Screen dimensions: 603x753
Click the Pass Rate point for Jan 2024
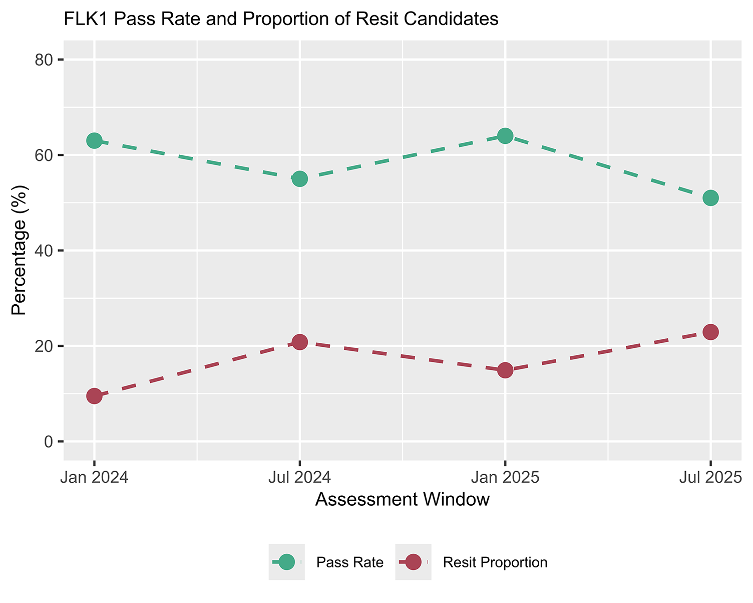coord(94,140)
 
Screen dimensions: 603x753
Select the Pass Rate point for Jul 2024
coord(299,178)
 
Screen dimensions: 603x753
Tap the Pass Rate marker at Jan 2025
coord(505,136)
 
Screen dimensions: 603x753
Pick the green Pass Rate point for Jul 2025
coord(710,197)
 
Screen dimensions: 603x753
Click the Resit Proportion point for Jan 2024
coord(94,396)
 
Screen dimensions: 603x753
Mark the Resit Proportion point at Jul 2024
coord(299,342)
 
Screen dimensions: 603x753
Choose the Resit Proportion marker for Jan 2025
coord(505,370)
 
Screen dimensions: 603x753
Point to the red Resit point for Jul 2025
coord(710,331)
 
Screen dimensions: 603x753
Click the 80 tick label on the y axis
coord(44,60)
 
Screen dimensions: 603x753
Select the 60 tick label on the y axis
coord(44,155)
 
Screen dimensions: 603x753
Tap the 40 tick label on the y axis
coord(44,251)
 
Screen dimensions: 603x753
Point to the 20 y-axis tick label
coord(44,346)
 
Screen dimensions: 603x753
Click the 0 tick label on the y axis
coord(48,442)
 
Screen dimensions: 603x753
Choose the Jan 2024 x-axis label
coord(94,477)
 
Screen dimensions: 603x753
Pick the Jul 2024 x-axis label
coord(299,477)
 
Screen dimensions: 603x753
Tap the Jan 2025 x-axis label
coord(505,477)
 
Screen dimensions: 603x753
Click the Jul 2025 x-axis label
coord(709,477)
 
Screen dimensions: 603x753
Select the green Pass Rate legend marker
coord(286,562)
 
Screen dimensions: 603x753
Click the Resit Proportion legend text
coord(495,562)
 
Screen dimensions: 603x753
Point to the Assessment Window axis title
coord(402,500)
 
